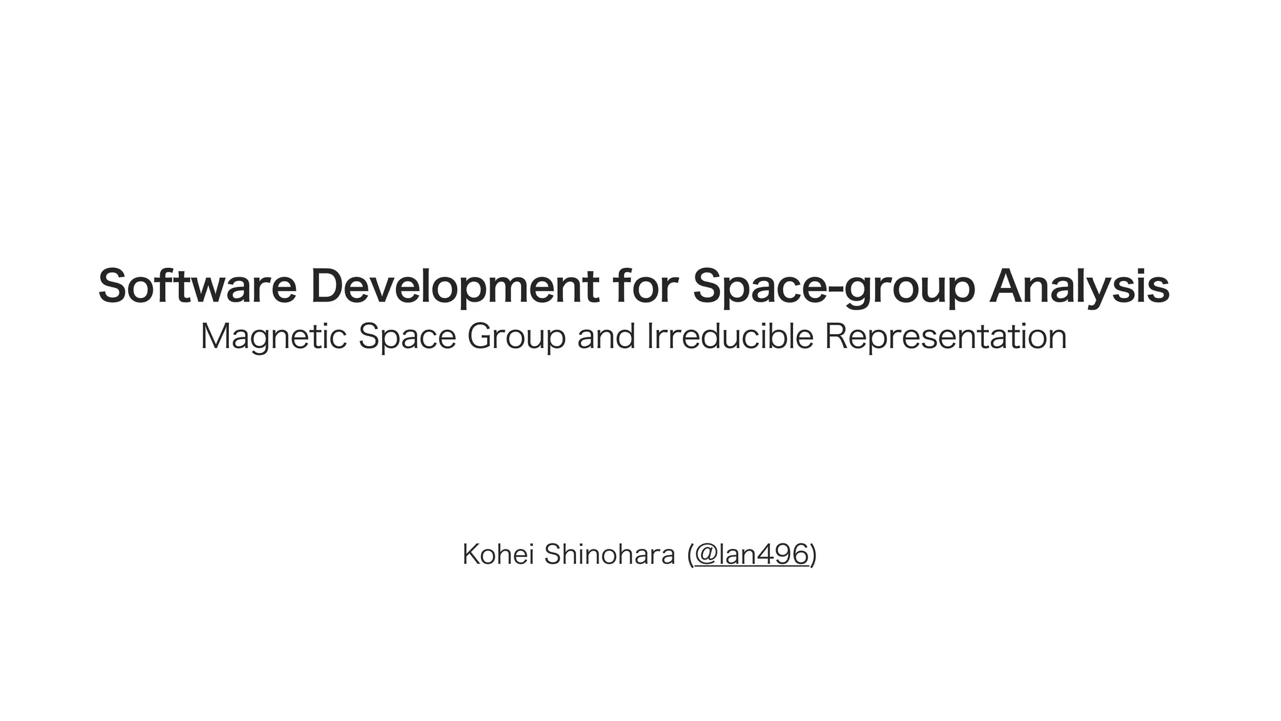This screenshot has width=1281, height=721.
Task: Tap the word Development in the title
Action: click(455, 287)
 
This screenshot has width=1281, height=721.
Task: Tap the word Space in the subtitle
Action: click(407, 337)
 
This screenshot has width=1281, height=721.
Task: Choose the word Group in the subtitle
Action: click(516, 337)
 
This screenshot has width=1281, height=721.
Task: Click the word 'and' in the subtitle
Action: click(605, 336)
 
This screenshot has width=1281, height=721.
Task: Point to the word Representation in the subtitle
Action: click(945, 337)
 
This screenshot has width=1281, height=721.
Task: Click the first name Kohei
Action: click(499, 555)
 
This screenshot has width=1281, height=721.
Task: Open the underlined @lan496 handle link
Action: click(751, 555)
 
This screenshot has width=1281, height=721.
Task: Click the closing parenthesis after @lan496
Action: click(813, 555)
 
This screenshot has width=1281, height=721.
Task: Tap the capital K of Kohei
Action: click(470, 555)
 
